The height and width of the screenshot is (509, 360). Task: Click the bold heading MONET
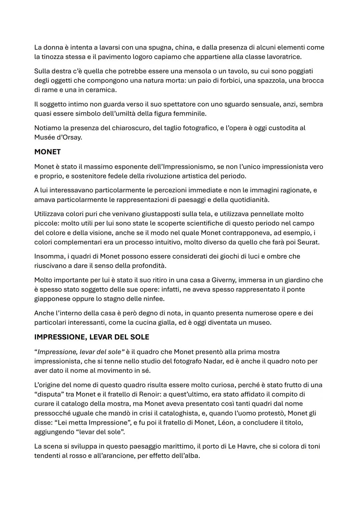tap(47, 152)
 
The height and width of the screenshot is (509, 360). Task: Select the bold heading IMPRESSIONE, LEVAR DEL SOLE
tap(92, 337)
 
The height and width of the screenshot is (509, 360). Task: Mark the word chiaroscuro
tap(126, 128)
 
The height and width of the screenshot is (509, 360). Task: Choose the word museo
tap(260, 323)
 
